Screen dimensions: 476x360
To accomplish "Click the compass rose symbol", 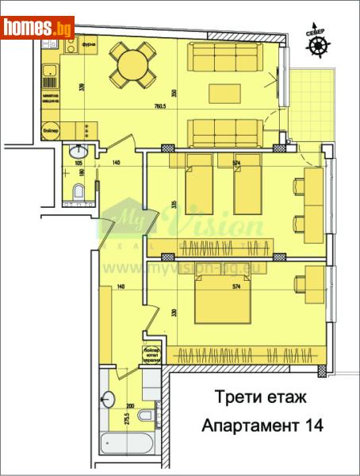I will tap(317, 47).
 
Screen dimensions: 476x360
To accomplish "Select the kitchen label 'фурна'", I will tap(89, 45).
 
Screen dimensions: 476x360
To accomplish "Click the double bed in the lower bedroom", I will tap(214, 304).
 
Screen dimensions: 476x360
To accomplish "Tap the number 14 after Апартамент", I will tap(312, 425).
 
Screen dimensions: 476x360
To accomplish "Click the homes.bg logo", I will tap(38, 28).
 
